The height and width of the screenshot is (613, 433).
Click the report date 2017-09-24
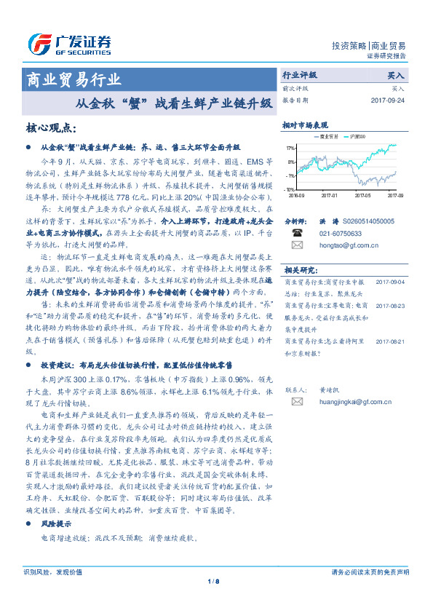[x=388, y=100]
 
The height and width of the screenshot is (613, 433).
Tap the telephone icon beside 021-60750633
[x=297, y=234]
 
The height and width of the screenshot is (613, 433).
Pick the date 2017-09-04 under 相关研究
[x=391, y=281]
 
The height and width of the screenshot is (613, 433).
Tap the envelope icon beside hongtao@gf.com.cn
[x=297, y=246]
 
